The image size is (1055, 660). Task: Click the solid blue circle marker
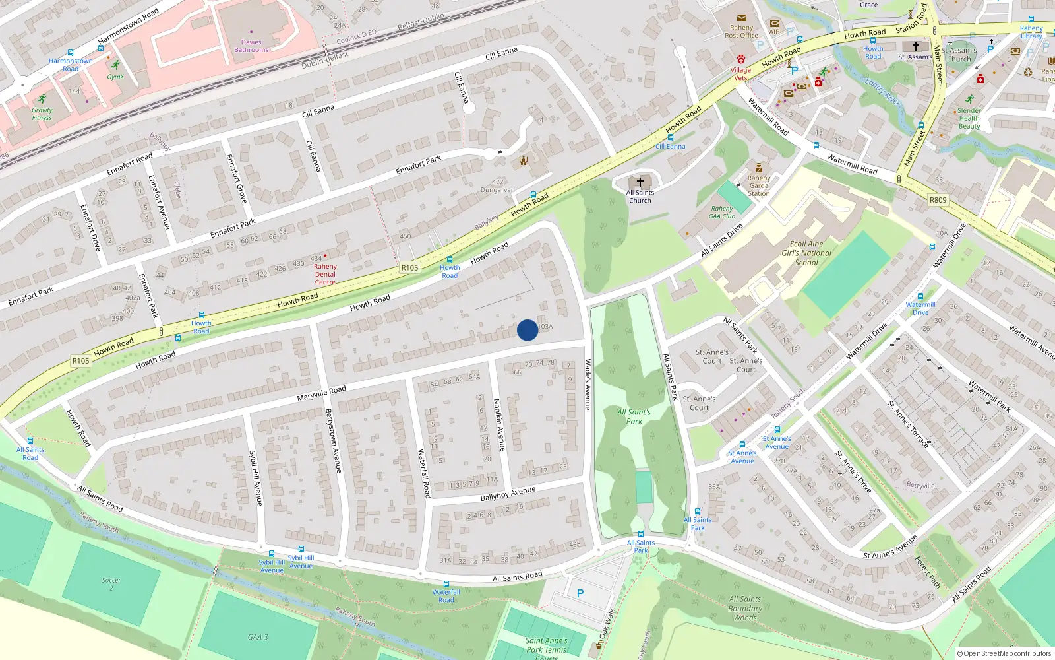tap(527, 330)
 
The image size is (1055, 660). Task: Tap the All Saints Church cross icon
tap(640, 181)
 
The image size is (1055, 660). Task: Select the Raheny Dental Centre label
tap(325, 274)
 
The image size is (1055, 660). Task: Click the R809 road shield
tap(938, 200)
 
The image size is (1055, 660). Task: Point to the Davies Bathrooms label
tap(251, 46)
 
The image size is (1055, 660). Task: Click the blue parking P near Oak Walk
tap(580, 593)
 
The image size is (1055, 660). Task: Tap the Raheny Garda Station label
tap(759, 185)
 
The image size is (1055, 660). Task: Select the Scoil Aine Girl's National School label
tap(806, 253)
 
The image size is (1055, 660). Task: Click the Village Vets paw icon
tap(741, 59)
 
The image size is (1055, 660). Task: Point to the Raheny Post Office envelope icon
tap(742, 18)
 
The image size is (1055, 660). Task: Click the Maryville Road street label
tap(321, 394)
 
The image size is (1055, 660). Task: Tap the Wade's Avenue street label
tap(588, 384)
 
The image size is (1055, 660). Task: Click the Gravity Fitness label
tap(42, 114)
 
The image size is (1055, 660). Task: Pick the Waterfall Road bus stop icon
tap(446, 584)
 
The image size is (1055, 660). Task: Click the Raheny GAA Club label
tap(722, 212)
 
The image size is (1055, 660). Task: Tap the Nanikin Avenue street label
tap(499, 425)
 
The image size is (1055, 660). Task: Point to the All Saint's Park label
tap(634, 416)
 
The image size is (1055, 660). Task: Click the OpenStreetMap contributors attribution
tap(1004, 653)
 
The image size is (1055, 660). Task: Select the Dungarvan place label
tap(497, 190)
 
